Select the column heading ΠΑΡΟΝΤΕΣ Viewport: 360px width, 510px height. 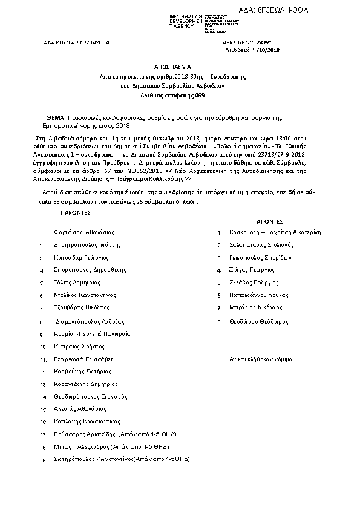pos(75,213)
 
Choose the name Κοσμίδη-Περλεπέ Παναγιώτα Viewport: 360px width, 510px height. pos(92,334)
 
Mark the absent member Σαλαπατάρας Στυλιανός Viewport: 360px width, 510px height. pos(262,245)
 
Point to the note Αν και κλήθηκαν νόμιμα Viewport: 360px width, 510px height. pos(260,359)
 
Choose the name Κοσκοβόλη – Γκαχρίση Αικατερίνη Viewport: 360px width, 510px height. pos(275,232)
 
